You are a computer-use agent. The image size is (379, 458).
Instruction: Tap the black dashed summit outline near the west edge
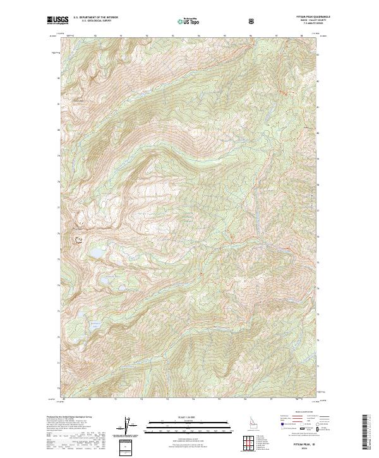pos(79,239)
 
